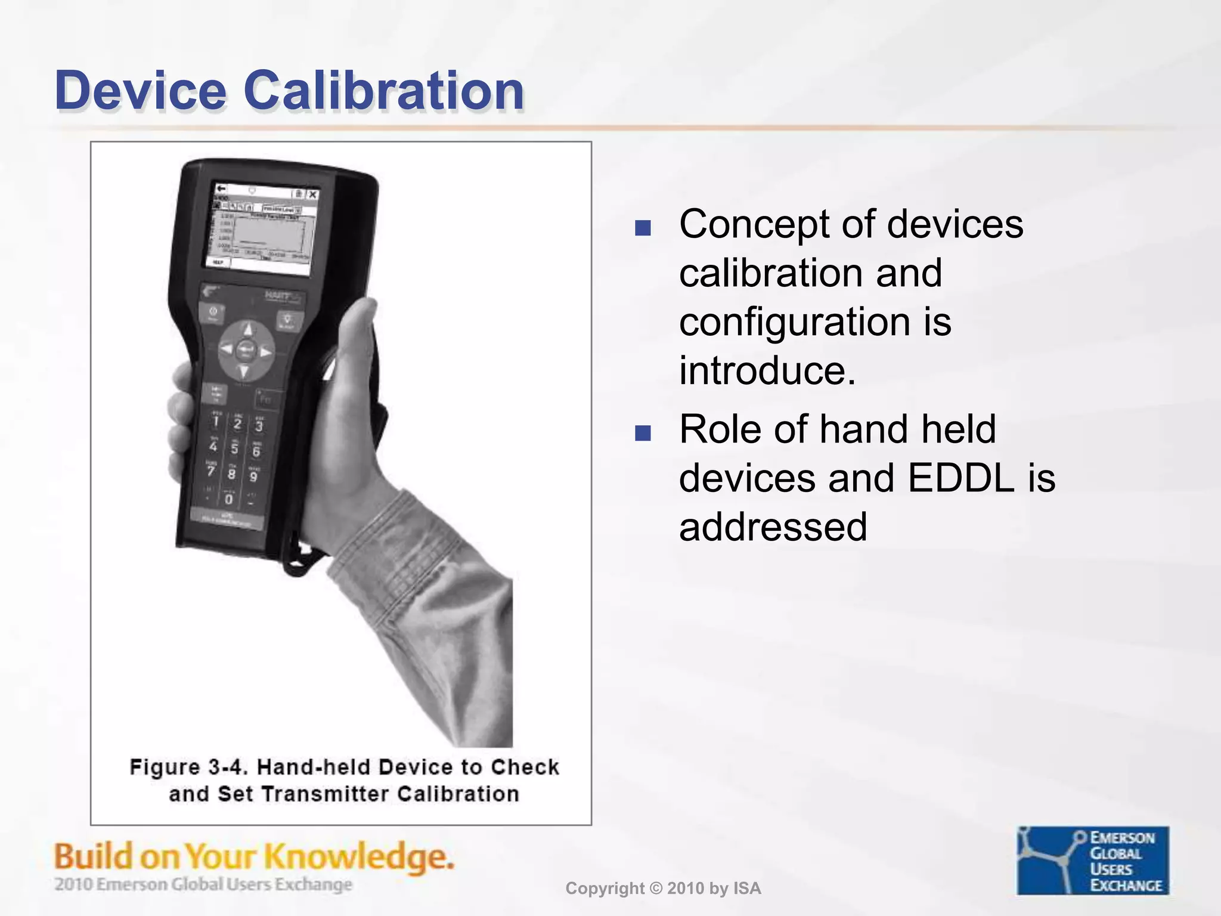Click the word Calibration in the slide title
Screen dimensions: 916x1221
[x=384, y=91]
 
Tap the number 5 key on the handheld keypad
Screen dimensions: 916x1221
[x=234, y=447]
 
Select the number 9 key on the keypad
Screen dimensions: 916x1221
[x=253, y=476]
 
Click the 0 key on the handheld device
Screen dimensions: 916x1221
[x=228, y=499]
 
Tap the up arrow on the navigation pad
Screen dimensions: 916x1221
[x=248, y=329]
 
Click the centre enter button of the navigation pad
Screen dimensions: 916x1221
[x=246, y=351]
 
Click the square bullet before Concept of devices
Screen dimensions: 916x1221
[x=643, y=228]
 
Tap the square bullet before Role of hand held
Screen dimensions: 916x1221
[x=643, y=433]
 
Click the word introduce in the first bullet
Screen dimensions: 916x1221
[x=766, y=371]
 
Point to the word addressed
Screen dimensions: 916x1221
[x=773, y=527]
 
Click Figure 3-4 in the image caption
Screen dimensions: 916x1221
[x=188, y=767]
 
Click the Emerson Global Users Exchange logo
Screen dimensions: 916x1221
[x=1092, y=860]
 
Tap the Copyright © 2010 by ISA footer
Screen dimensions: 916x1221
[x=663, y=889]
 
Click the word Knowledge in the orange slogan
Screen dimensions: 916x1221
[x=358, y=858]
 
